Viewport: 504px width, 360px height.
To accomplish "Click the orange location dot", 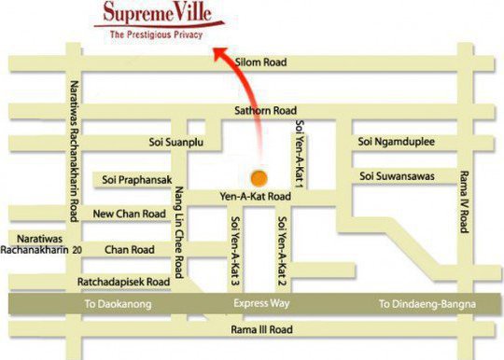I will point(260,176).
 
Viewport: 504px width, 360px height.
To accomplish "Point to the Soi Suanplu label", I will point(176,143).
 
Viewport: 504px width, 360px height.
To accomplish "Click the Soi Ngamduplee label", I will point(397,142).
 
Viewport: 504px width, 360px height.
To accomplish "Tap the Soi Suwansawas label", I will point(400,176).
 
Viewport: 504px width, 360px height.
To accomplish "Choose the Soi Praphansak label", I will point(136,179).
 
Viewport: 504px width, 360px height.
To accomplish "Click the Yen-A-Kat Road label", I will point(255,197).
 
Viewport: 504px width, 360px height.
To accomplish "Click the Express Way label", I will point(256,305).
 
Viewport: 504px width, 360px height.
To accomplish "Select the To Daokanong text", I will point(118,305).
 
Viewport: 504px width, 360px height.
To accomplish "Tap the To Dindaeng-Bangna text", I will point(427,305).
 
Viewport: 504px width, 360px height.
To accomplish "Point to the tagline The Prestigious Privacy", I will point(155,34).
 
